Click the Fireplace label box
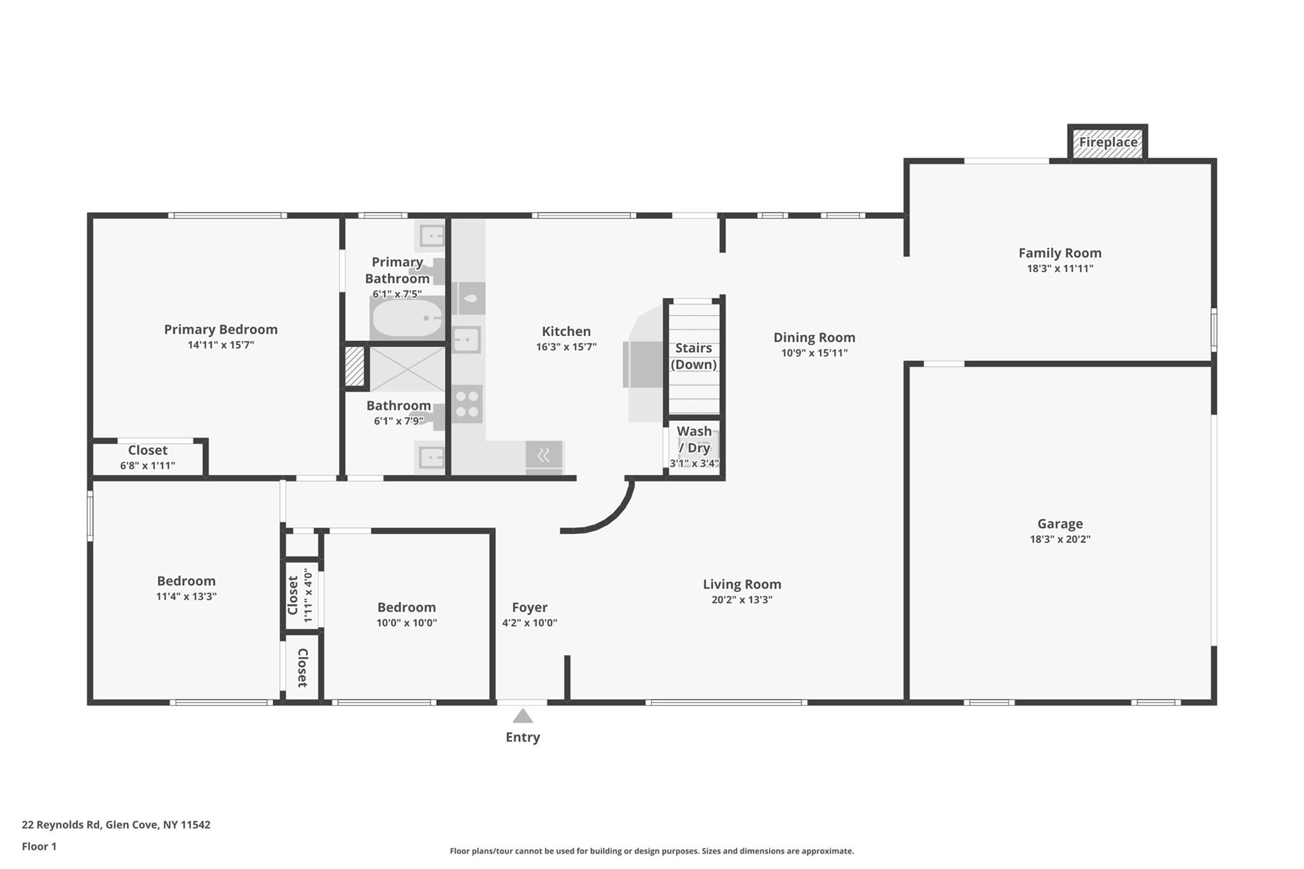pyautogui.click(x=1108, y=143)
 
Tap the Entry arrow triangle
pyautogui.click(x=523, y=717)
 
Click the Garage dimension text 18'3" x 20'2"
pyautogui.click(x=1060, y=539)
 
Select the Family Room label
pyautogui.click(x=1059, y=253)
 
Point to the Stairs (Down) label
pyautogui.click(x=693, y=356)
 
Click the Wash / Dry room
pyautogui.click(x=694, y=446)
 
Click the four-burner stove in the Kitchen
pyautogui.click(x=467, y=404)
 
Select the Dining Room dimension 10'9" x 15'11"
pyautogui.click(x=814, y=353)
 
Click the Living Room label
pyautogui.click(x=742, y=584)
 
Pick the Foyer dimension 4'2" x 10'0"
pyautogui.click(x=529, y=623)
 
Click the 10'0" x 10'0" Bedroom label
pyautogui.click(x=406, y=607)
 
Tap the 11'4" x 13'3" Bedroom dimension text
pyautogui.click(x=187, y=597)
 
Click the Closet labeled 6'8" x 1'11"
pyautogui.click(x=148, y=457)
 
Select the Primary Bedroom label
pyautogui.click(x=221, y=329)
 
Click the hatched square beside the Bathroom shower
pyautogui.click(x=355, y=366)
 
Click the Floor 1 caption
pyautogui.click(x=39, y=846)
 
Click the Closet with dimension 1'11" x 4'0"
pyautogui.click(x=300, y=595)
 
